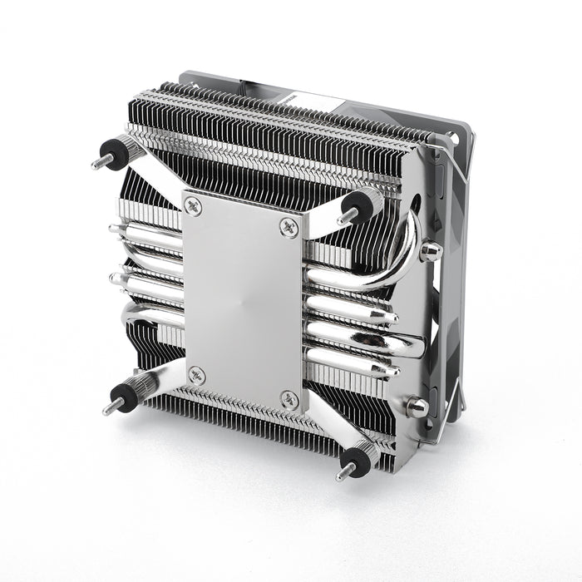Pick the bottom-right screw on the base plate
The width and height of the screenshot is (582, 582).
(288, 398)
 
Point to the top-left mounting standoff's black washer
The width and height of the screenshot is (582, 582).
(109, 154)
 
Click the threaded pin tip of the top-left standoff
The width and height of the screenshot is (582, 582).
(96, 163)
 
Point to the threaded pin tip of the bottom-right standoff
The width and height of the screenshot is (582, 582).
(341, 475)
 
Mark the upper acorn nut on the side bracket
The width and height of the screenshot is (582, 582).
(430, 250)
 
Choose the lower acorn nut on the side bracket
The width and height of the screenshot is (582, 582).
(417, 407)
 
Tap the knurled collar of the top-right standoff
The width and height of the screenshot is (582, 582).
(372, 199)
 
